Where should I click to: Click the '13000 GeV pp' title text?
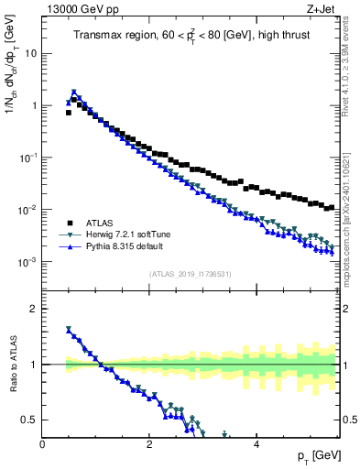[77, 10]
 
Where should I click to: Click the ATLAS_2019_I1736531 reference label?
[190, 274]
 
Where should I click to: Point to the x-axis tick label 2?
[149, 444]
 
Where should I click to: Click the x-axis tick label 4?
[256, 444]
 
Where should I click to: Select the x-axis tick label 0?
[42, 444]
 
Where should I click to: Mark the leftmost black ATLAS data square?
[68, 113]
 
